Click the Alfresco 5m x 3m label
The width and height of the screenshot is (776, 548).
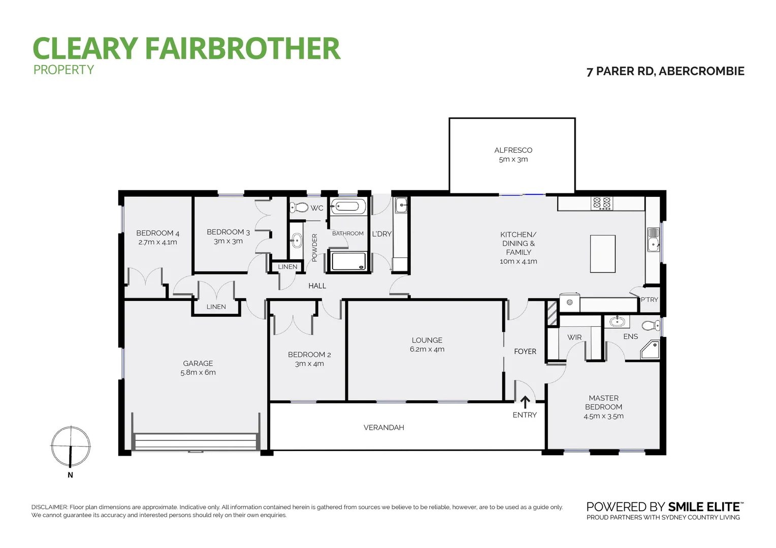[x=513, y=155]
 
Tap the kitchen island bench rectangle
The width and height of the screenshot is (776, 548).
[x=602, y=254]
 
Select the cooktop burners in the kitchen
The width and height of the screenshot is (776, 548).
[x=602, y=203]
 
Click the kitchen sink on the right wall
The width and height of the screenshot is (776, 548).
[x=653, y=239]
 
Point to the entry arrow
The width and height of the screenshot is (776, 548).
[x=525, y=402]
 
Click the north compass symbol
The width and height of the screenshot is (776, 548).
[x=71, y=447]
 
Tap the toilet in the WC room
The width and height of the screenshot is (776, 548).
[x=300, y=208]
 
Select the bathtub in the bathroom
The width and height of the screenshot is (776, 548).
[x=348, y=207]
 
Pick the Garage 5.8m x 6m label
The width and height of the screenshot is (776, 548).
[x=198, y=368]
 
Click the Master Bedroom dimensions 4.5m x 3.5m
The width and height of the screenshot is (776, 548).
[x=603, y=416]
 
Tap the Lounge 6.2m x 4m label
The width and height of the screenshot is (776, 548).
[x=427, y=345]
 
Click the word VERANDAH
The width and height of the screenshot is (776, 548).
[x=383, y=428]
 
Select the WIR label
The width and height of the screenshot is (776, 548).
[x=574, y=337]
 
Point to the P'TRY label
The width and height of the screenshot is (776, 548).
[x=649, y=300]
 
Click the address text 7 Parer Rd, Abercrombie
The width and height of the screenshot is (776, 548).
[x=665, y=72]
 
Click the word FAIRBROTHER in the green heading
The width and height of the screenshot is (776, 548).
[x=242, y=49]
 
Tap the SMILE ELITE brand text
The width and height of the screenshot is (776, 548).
[x=704, y=507]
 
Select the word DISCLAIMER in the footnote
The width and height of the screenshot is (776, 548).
[x=49, y=507]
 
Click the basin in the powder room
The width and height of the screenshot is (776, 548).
[x=297, y=241]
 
